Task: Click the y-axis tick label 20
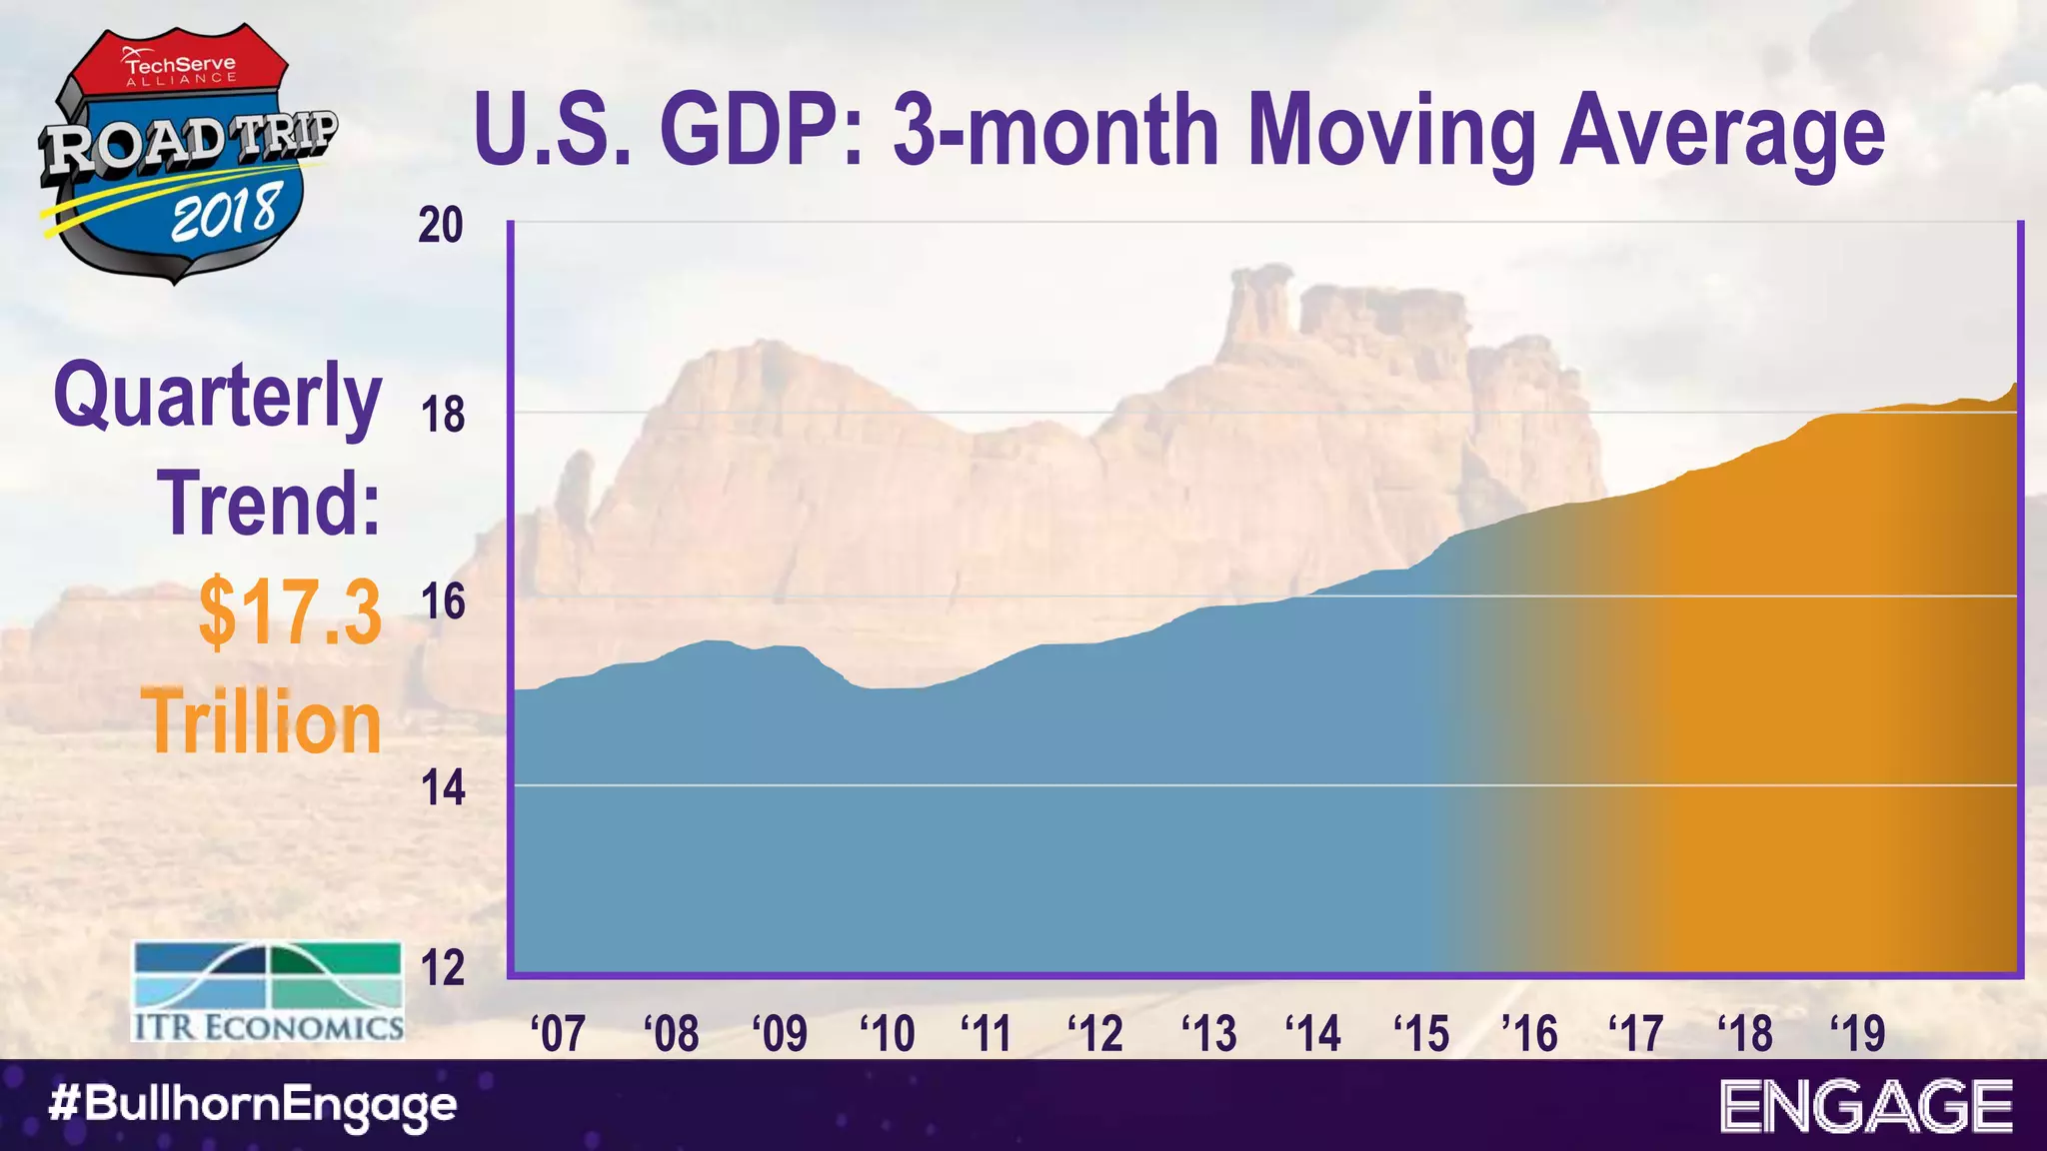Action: (441, 226)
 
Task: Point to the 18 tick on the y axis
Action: (441, 414)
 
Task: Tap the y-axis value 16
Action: (441, 601)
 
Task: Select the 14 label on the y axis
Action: (441, 788)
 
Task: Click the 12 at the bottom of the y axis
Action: (441, 968)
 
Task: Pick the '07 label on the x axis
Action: (558, 1032)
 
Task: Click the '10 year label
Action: (888, 1032)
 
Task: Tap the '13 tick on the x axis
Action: (1208, 1032)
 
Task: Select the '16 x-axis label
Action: (1529, 1032)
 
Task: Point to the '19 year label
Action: (1857, 1032)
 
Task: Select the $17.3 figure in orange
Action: (290, 611)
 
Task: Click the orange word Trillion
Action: (262, 721)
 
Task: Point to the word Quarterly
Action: (218, 398)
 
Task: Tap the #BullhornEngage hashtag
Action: (253, 1106)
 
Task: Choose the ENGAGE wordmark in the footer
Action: (1866, 1106)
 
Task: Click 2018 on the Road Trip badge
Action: (224, 213)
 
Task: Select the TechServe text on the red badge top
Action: (180, 64)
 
